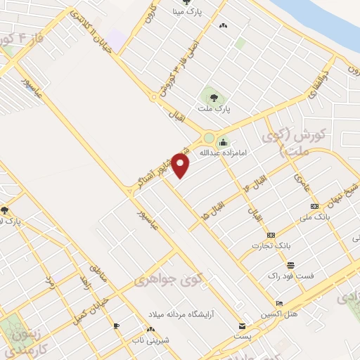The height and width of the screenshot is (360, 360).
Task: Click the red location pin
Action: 181,165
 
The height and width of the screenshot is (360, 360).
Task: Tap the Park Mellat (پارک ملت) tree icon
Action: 213,97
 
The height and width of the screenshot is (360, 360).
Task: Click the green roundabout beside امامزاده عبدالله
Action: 210,137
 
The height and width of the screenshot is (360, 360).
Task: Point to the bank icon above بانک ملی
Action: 314,206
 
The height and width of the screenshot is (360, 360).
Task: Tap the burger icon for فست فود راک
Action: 290,264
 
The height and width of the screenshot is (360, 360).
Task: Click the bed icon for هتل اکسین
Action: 279,304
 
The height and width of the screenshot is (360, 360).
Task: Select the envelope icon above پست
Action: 242,326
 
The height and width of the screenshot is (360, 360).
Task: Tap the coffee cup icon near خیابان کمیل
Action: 116,326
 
